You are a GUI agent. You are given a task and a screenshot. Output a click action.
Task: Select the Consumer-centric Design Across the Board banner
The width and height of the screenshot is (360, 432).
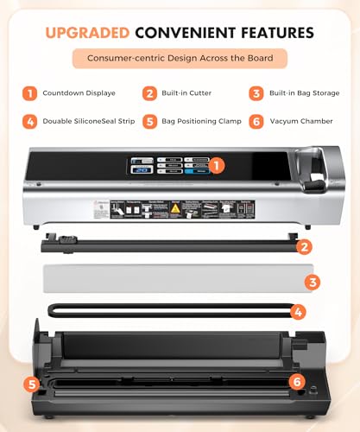coord(180,60)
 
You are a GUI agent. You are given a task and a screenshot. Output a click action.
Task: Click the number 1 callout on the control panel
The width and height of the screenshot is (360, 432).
coord(218,162)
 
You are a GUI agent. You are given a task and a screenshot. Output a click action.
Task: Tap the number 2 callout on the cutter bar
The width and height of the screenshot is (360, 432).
coord(303,247)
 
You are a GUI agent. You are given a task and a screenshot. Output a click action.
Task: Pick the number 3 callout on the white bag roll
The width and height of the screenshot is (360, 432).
coord(313,281)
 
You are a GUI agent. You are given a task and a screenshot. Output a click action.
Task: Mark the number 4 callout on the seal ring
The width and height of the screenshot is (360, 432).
coord(298,311)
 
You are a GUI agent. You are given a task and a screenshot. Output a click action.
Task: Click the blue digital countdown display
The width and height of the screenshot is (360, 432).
coord(142,170)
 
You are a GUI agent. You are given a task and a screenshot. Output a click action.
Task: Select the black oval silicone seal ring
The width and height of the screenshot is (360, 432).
coord(164,309)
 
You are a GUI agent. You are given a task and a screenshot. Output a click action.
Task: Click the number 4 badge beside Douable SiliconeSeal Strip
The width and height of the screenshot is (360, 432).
coord(30,121)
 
